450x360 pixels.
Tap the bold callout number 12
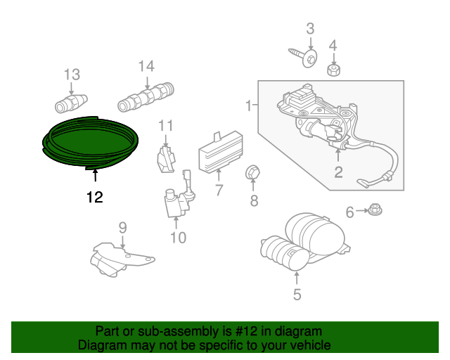[95, 197]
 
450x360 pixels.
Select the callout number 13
[72, 75]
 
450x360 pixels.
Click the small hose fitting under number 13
[71, 103]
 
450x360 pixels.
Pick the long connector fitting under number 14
[146, 97]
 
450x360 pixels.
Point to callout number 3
[310, 29]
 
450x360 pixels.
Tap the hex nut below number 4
[333, 70]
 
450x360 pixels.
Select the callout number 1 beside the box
[248, 105]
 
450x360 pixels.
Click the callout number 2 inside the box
[338, 172]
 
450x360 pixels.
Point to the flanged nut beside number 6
[375, 210]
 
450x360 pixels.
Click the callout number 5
[297, 295]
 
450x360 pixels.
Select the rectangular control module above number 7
[221, 152]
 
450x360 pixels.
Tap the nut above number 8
[253, 172]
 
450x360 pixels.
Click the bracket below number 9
[122, 259]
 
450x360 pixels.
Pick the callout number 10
[178, 238]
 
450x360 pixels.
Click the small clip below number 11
[166, 160]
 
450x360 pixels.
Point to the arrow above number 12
[95, 175]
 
